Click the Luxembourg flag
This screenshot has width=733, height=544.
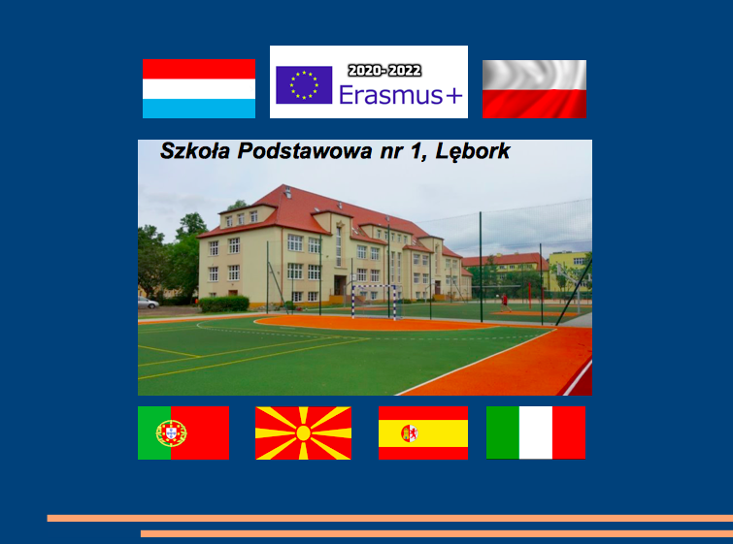click(x=199, y=88)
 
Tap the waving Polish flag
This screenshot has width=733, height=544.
click(x=534, y=89)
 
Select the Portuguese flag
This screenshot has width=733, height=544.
click(x=183, y=432)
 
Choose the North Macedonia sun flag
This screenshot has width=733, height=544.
click(x=303, y=432)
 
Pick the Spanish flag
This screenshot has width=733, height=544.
click(x=423, y=432)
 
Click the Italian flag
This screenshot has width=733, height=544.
click(x=536, y=432)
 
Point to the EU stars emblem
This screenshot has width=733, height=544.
click(x=304, y=85)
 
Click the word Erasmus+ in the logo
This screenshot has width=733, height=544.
click(x=401, y=95)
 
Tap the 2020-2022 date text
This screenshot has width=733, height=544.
click(x=384, y=71)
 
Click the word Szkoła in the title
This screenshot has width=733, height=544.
click(x=195, y=151)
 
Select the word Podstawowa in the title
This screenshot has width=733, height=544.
click(x=305, y=151)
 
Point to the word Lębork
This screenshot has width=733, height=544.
click(x=473, y=152)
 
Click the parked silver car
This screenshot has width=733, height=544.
click(x=148, y=303)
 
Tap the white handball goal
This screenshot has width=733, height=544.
click(x=375, y=302)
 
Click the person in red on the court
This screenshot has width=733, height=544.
click(x=505, y=303)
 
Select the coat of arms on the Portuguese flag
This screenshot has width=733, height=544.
click(x=172, y=433)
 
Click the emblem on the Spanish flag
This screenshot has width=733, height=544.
click(x=409, y=433)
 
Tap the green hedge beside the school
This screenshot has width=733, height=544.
click(x=224, y=304)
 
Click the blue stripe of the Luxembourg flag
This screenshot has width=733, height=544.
click(x=199, y=109)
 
